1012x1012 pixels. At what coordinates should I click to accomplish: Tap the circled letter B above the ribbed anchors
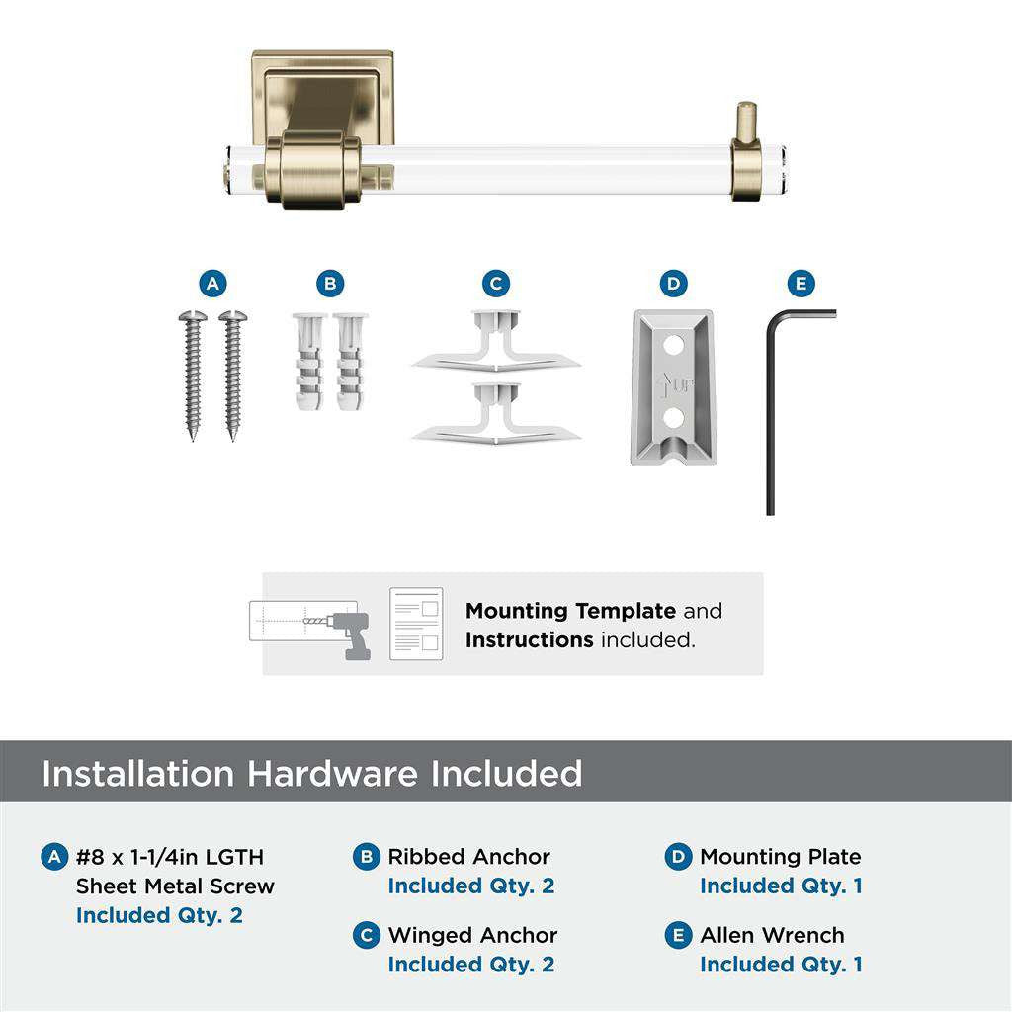click(x=331, y=285)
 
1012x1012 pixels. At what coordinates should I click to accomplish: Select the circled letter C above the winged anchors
click(x=496, y=285)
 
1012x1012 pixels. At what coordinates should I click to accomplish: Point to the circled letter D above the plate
click(x=673, y=285)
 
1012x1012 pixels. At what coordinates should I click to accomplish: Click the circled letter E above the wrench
click(x=801, y=285)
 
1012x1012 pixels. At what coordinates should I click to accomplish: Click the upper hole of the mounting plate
click(x=674, y=347)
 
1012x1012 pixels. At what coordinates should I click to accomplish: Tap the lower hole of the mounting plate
click(x=674, y=417)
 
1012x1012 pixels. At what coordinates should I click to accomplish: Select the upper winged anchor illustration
click(x=496, y=346)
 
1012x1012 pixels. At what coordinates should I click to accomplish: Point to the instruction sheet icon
click(x=416, y=624)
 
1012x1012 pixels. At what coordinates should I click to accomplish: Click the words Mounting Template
click(x=570, y=611)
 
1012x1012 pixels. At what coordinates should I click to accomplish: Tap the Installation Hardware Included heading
click(x=312, y=773)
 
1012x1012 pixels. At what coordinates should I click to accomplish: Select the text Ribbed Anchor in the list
click(x=468, y=857)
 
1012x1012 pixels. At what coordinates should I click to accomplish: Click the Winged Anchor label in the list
click(x=472, y=935)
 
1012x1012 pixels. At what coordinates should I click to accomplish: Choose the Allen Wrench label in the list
click(x=772, y=935)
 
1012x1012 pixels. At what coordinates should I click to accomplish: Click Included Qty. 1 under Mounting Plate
click(x=781, y=886)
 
